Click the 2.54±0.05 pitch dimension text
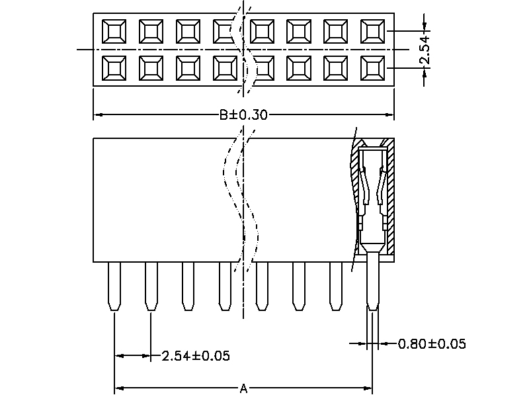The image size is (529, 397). (x=196, y=356)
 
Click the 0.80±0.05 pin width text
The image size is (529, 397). (x=432, y=343)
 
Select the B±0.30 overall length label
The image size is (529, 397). (x=243, y=115)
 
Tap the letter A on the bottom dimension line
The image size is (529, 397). (x=243, y=388)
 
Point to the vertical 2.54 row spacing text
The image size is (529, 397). (x=425, y=50)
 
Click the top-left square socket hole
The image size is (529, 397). (x=114, y=30)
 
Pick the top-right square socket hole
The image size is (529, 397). (x=373, y=30)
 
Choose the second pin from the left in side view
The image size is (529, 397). (x=151, y=286)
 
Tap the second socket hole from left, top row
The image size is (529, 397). (x=151, y=30)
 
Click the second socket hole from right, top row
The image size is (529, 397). (x=336, y=30)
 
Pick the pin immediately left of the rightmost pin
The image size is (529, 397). (x=336, y=286)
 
